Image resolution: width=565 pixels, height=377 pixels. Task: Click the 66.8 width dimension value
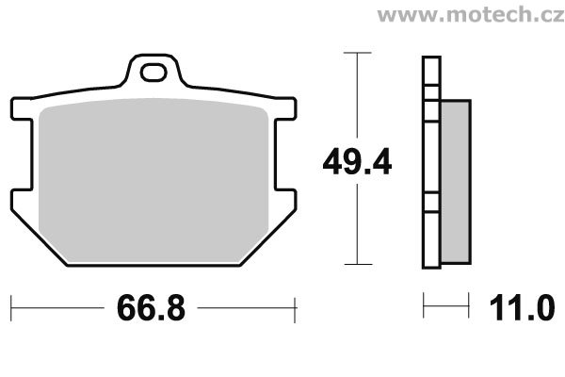(151, 308)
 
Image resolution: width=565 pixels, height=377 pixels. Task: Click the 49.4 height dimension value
(357, 161)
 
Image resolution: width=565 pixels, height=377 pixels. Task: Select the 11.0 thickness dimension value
(522, 308)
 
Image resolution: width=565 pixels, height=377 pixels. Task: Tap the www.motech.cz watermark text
(471, 14)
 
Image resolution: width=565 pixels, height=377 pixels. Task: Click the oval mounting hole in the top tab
(153, 73)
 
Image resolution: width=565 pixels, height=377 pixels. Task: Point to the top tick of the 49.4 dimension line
(357, 53)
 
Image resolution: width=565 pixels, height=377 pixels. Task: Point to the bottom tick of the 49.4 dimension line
(358, 265)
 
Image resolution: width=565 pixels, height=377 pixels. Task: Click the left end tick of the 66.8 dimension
(11, 308)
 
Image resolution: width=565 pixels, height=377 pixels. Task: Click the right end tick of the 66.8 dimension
(295, 310)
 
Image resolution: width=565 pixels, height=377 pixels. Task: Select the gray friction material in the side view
(456, 182)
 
